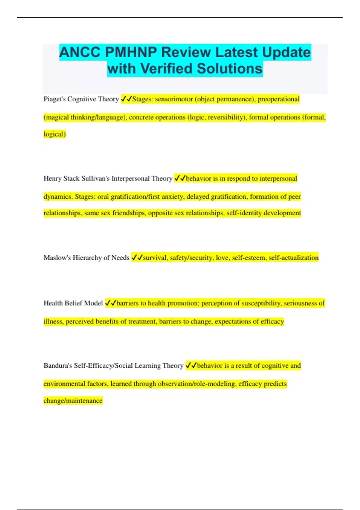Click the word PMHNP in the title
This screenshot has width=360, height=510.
click(x=131, y=52)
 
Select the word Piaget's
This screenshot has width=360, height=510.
click(x=55, y=99)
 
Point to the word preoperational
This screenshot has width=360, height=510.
click(x=278, y=99)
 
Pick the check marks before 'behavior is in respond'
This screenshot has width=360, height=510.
click(x=180, y=178)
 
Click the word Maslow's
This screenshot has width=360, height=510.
click(x=57, y=258)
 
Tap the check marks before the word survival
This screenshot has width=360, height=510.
click(x=137, y=258)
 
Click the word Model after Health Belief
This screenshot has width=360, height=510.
click(x=94, y=303)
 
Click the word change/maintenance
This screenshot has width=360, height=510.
click(x=73, y=401)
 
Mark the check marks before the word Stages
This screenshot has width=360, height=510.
click(x=126, y=99)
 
